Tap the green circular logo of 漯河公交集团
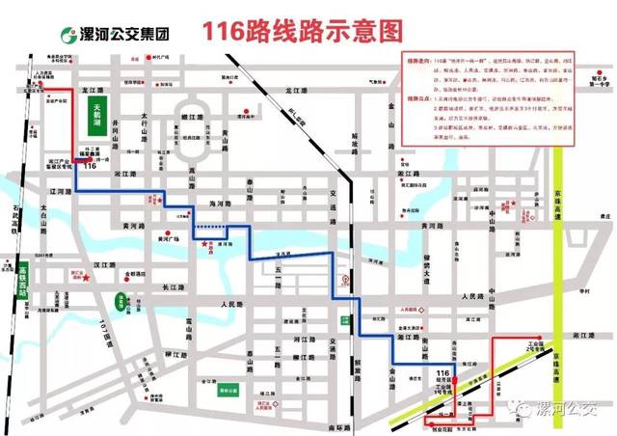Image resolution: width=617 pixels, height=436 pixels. pos(70,35)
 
